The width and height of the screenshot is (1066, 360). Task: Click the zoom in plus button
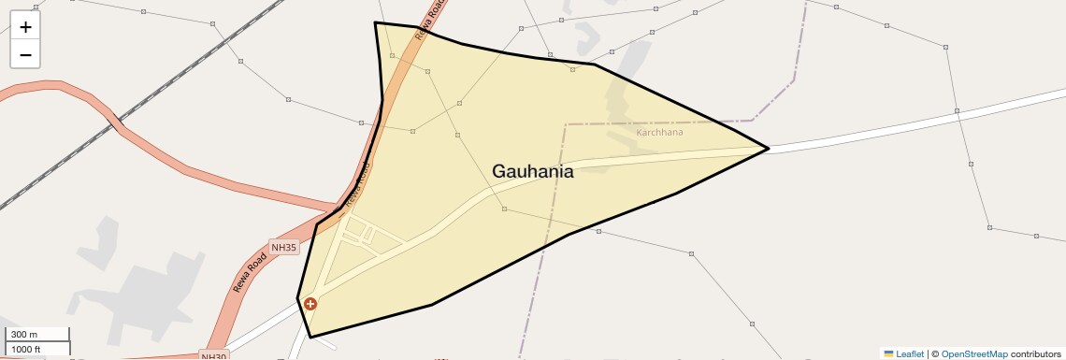(25, 27)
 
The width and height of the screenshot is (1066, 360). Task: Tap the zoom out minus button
(25, 54)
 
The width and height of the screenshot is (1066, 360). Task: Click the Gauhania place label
(532, 171)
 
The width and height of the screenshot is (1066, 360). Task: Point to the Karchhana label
(659, 132)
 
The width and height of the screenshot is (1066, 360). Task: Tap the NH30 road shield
(214, 356)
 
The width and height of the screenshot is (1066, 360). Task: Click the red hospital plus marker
(310, 304)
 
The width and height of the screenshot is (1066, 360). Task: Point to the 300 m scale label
(23, 335)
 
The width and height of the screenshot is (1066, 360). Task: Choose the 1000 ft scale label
(26, 349)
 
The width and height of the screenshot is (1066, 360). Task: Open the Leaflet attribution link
(910, 353)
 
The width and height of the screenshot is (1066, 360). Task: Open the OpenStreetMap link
(973, 353)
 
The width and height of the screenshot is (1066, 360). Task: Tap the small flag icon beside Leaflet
(888, 353)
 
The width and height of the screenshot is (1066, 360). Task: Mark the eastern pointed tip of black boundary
(768, 149)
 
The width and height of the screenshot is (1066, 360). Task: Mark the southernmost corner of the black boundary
(310, 337)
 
